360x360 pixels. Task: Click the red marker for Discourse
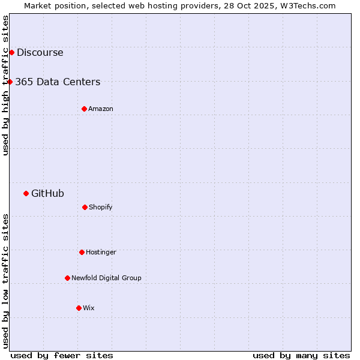11,52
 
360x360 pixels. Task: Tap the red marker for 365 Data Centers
10,82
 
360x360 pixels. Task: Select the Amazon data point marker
84,109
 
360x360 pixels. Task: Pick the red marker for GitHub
26,193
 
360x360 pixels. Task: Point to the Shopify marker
85,207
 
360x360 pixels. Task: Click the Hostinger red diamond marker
82,252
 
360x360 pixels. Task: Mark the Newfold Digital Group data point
67,278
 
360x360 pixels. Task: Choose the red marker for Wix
79,308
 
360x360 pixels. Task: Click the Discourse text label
40,52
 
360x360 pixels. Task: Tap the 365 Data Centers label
58,82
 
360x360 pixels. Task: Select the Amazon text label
101,109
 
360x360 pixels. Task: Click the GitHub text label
47,193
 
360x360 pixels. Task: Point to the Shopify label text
101,207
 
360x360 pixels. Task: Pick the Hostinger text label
101,252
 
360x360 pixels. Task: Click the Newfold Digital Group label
106,278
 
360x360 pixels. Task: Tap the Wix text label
89,308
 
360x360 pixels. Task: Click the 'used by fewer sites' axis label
62,355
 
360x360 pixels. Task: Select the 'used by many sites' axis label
301,355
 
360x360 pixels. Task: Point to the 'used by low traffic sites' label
5,281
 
